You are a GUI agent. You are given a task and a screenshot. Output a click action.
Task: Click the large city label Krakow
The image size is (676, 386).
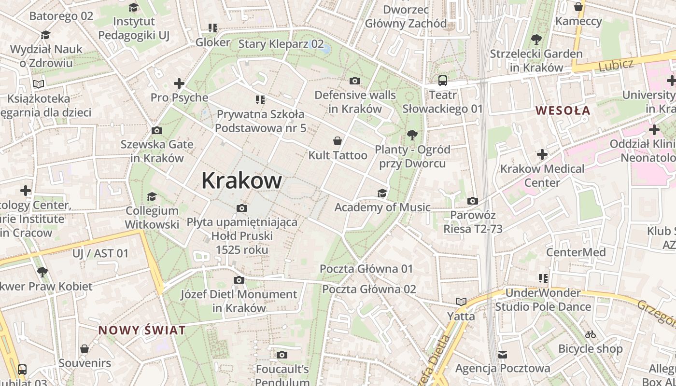pyautogui.click(x=241, y=180)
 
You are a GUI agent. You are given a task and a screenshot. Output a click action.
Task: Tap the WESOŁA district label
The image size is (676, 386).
pyautogui.click(x=563, y=110)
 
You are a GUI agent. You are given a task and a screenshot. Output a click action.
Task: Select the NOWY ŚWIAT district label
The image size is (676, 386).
pyautogui.click(x=142, y=331)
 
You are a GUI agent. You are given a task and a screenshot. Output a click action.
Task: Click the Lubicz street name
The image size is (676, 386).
pyautogui.click(x=616, y=65)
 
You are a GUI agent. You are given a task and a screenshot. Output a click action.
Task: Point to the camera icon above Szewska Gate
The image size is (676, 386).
pyautogui.click(x=157, y=130)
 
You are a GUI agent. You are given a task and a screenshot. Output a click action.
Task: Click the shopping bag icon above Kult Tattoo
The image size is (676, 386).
pyautogui.click(x=338, y=141)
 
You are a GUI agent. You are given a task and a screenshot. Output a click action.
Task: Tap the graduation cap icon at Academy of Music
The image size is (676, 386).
pyautogui.click(x=382, y=193)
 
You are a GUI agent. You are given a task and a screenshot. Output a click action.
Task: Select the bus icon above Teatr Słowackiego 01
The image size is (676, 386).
pyautogui.click(x=443, y=81)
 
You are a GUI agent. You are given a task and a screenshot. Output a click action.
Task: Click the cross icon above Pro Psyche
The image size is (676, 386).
pyautogui.click(x=179, y=83)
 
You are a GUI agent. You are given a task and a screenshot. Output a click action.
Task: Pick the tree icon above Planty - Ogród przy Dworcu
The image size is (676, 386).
pyautogui.click(x=412, y=135)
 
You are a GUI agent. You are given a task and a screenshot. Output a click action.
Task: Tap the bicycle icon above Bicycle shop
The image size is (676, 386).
pyautogui.click(x=590, y=334)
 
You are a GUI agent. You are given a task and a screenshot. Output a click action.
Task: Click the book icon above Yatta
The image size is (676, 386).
pyautogui.click(x=461, y=302)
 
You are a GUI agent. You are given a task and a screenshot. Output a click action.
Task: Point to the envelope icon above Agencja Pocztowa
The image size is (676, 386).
pyautogui.click(x=503, y=354)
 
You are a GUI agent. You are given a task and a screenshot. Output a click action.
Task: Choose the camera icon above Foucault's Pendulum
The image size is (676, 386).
pyautogui.click(x=282, y=355)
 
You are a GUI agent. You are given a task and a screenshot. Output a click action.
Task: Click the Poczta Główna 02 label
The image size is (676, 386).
pyautogui.click(x=369, y=289)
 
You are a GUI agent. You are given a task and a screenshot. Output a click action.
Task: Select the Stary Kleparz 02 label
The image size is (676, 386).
pyautogui.click(x=281, y=44)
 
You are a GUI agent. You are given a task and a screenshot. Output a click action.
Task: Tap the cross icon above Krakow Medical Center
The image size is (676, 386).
pyautogui.click(x=542, y=154)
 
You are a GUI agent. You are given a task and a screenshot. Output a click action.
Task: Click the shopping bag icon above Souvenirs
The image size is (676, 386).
pyautogui.click(x=84, y=348)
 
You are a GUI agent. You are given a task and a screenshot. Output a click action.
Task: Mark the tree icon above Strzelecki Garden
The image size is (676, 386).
pyautogui.click(x=536, y=39)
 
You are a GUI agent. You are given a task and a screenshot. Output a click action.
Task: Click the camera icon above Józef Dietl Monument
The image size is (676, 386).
pyautogui.click(x=239, y=280)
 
